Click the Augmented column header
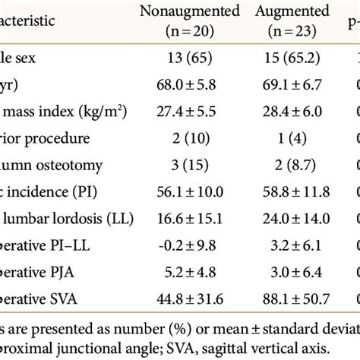coord(287,11)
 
